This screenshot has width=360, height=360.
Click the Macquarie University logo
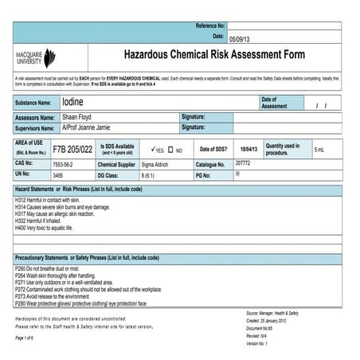35,57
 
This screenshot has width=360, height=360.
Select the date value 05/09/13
239,38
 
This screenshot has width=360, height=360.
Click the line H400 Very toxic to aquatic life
55,227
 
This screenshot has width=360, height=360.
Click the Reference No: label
210,26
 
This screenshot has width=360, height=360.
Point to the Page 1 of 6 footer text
29,338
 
